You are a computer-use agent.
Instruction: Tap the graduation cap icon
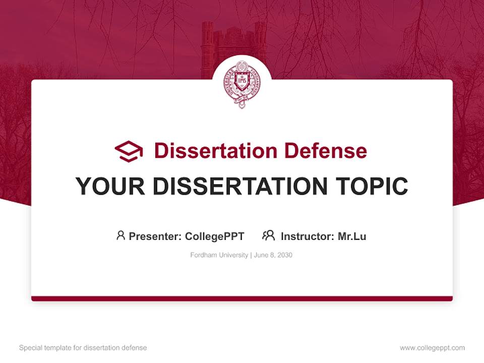pyautogui.click(x=129, y=151)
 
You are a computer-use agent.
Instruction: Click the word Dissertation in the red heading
pyautogui.click(x=215, y=151)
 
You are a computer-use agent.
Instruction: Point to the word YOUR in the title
pyautogui.click(x=110, y=187)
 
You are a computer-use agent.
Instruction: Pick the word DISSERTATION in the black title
pyautogui.click(x=240, y=187)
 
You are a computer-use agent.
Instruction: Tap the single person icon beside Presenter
pyautogui.click(x=120, y=235)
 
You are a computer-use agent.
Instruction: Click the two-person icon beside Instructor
pyautogui.click(x=269, y=235)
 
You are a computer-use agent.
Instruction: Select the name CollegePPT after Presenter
pyautogui.click(x=215, y=236)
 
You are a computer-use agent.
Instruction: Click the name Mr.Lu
pyautogui.click(x=352, y=236)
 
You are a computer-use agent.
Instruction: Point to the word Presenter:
pyautogui.click(x=156, y=236)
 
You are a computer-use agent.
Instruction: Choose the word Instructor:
pyautogui.click(x=307, y=236)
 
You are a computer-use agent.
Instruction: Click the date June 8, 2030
pyautogui.click(x=273, y=255)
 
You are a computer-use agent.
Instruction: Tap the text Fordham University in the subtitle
pyautogui.click(x=219, y=255)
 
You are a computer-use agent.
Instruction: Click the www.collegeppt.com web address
pyautogui.click(x=432, y=348)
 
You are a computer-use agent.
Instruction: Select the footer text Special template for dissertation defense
pyautogui.click(x=83, y=348)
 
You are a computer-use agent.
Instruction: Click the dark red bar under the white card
pyautogui.click(x=242, y=298)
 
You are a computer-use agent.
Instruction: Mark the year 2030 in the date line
pyautogui.click(x=284, y=255)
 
